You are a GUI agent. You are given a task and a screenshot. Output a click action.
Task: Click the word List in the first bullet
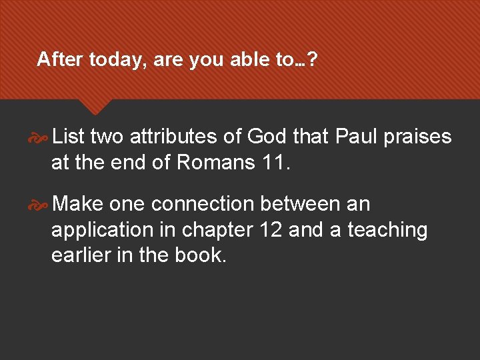pos(68,137)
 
